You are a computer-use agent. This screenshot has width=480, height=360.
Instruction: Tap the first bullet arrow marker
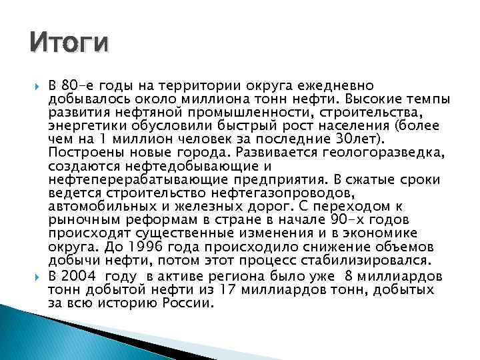coord(35,86)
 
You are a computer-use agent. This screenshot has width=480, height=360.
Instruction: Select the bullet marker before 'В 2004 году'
coord(35,276)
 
